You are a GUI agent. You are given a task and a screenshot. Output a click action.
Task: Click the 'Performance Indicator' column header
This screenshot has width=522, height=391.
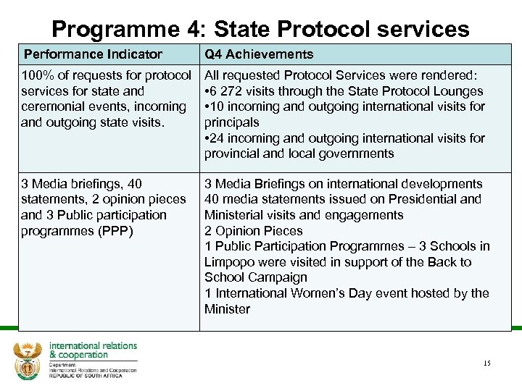pos(93,54)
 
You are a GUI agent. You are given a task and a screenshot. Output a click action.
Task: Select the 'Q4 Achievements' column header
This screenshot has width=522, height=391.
pos(259,54)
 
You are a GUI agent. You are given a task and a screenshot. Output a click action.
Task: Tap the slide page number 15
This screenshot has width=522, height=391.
pos(486,363)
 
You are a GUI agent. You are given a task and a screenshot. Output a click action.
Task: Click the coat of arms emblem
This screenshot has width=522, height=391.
pos(28,360)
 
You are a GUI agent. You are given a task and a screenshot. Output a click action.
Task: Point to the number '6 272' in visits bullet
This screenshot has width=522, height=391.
pos(231,91)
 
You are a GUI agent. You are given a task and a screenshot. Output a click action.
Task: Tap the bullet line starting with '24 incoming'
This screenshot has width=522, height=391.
pos(344,138)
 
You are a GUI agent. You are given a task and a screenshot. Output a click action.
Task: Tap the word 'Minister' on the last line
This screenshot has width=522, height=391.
pos(227,309)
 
